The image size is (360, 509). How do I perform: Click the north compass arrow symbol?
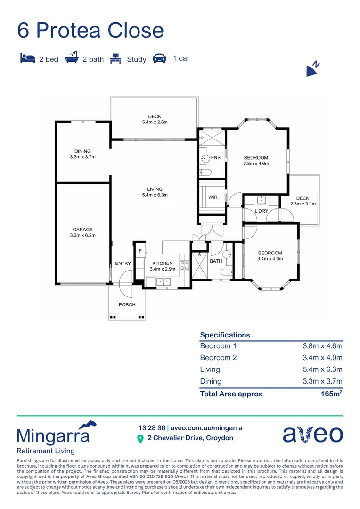pos(312,69)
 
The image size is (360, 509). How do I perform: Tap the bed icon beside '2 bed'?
pos(27,59)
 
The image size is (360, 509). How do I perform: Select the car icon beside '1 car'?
pos(160,59)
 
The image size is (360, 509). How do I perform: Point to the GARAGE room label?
pos(82,230)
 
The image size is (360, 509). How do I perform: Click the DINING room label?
pos(82,151)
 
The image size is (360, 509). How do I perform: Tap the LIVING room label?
pos(155,189)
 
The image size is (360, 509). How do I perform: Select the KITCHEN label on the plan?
pos(162,263)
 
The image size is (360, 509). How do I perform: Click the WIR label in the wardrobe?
pos(213,197)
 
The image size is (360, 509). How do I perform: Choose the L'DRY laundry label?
pos(262,211)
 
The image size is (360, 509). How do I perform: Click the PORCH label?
pos(127,305)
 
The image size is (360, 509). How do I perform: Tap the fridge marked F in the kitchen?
pos(140,252)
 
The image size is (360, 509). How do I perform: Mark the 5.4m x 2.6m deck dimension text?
pos(155,122)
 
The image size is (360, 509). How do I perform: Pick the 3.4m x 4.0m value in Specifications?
pos(322,358)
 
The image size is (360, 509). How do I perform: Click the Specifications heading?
pos(225,335)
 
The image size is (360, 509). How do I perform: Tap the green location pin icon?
pos(140,439)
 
